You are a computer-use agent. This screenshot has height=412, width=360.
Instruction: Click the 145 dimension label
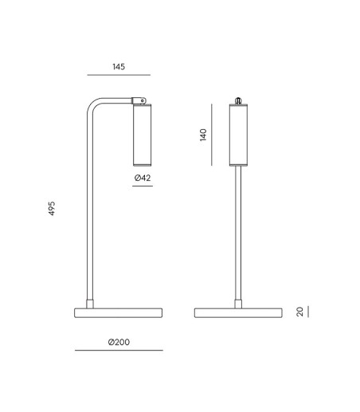click(119, 67)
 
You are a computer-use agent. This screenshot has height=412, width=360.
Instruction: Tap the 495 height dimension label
click(52, 209)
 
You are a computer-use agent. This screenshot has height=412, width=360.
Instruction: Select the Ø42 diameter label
click(143, 178)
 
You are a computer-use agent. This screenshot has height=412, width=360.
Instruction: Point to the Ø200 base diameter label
click(119, 342)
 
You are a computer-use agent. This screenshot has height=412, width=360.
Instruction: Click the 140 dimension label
click(203, 135)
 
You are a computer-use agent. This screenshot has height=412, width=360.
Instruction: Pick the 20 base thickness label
click(299, 312)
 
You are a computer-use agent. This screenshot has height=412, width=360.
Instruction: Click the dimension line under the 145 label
click(119, 75)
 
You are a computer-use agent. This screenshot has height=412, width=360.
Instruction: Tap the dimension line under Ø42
click(143, 186)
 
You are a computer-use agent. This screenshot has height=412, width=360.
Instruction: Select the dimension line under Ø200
click(119, 351)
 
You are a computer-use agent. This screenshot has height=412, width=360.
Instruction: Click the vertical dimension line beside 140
click(212, 135)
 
